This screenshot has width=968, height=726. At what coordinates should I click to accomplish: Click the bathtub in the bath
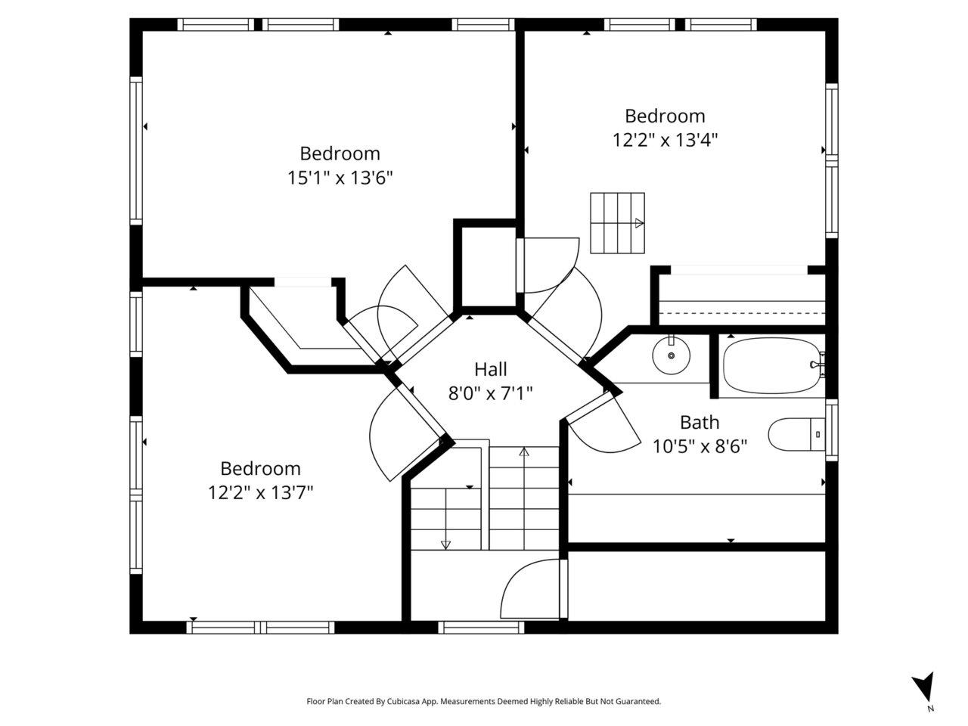(772, 365)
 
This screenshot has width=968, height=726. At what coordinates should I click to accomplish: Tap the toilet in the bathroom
(796, 434)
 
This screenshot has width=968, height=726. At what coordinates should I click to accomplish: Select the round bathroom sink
(672, 355)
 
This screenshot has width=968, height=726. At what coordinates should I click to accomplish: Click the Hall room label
(490, 369)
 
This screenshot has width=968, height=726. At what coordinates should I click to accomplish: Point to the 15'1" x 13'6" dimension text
(340, 178)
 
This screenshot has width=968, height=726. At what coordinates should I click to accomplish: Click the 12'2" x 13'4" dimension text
(665, 140)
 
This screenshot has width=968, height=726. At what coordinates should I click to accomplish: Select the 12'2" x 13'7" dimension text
(261, 492)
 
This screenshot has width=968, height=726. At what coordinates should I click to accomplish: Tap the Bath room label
(700, 422)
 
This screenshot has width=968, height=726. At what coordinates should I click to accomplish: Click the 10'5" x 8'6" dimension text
(700, 446)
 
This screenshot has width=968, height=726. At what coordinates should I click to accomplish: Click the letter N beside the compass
(930, 709)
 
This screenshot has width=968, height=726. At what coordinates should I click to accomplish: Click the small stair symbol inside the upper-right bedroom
(617, 223)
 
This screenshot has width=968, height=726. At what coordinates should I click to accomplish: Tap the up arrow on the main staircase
(524, 498)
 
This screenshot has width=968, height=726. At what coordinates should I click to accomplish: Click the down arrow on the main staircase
(446, 519)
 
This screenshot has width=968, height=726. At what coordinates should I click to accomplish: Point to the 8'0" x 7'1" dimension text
(490, 393)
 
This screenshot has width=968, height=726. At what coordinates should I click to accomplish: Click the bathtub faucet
(817, 365)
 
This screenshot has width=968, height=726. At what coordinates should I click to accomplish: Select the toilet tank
(818, 434)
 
